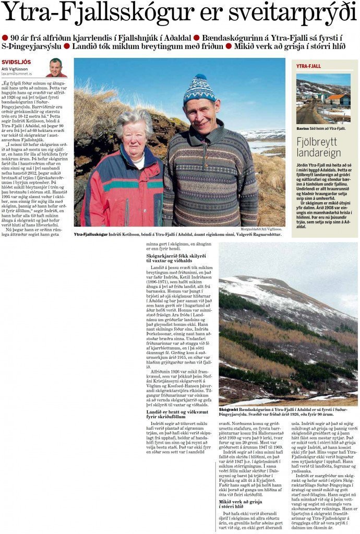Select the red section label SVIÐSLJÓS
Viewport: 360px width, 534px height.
[16, 62]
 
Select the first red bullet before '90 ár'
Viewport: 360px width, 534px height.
[5, 38]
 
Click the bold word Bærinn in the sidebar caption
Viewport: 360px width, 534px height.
[304, 128]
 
